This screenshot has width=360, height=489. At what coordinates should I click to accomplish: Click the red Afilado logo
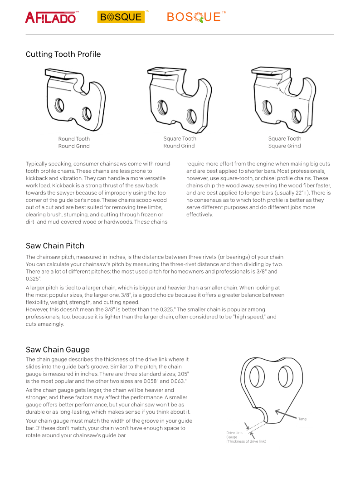pos(51,18)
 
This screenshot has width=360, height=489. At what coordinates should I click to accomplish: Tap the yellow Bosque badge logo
pos(121,17)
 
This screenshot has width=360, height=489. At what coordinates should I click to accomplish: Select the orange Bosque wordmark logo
pos(195,17)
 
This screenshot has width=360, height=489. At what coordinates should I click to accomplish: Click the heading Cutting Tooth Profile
pos(63,54)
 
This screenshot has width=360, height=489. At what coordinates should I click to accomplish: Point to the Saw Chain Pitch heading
pos(55,246)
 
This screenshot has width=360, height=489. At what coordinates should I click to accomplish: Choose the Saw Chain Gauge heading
pos(58,350)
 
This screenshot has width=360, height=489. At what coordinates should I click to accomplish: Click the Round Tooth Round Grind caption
pos(74,142)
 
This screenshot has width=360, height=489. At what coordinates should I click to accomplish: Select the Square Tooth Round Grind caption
pos(179,142)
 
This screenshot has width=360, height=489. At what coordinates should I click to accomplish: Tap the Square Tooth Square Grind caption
pos(284,142)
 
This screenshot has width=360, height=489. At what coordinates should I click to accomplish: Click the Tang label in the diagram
pos(302,419)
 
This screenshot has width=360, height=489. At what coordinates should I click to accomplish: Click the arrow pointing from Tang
pos(286,414)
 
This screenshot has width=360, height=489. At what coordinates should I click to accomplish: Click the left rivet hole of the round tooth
pos(59,105)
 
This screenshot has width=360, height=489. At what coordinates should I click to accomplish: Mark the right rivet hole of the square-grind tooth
pos(296,115)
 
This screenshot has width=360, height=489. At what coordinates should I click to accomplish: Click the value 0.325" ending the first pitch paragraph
pos(33,279)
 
